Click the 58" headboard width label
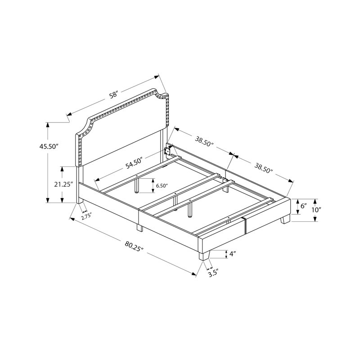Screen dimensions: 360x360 point(114,95)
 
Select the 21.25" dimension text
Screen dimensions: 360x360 point(63,184)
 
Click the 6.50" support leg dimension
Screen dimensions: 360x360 point(162,185)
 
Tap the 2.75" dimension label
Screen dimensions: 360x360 point(86,216)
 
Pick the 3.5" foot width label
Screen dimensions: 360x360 point(212,274)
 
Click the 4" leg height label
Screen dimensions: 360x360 point(233,254)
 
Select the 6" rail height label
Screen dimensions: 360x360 point(304,206)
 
